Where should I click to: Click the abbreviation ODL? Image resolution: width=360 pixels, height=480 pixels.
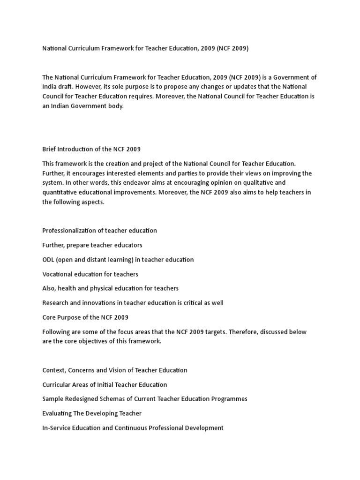coord(49,260)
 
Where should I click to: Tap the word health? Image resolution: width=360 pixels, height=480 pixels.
coord(67,289)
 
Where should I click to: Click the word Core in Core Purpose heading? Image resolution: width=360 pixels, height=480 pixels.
coord(49,317)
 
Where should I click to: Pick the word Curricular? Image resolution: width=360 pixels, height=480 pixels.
coord(57,385)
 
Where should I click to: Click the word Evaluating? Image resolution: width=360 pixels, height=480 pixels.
coord(58,413)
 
